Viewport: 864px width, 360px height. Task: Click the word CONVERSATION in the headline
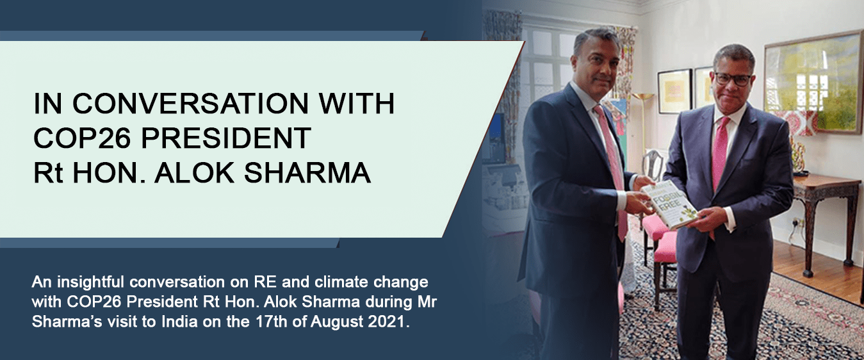(x=191, y=103)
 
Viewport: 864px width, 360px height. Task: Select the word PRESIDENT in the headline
(x=226, y=138)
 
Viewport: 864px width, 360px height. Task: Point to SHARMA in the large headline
(x=307, y=172)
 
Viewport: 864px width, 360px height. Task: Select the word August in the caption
(x=337, y=322)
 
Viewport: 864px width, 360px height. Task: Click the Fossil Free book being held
(x=669, y=204)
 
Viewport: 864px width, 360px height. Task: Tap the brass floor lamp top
(x=643, y=95)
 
